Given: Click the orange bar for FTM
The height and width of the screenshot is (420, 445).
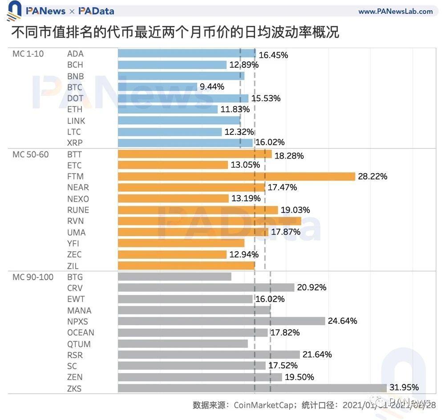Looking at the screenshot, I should pyautogui.click(x=236, y=176).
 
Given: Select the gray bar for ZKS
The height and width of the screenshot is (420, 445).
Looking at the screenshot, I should pyautogui.click(x=252, y=388).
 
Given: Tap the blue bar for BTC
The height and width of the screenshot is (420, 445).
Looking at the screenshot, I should pyautogui.click(x=158, y=87).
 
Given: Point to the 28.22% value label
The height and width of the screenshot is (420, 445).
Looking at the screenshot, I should pyautogui.click(x=372, y=176).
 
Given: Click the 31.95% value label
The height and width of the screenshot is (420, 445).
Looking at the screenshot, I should pyautogui.click(x=404, y=387).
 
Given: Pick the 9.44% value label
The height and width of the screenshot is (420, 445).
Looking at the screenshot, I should pyautogui.click(x=212, y=87).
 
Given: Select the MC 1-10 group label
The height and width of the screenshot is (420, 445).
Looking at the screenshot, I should pyautogui.click(x=28, y=54).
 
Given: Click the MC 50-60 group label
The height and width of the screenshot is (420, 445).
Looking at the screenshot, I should pyautogui.click(x=31, y=155).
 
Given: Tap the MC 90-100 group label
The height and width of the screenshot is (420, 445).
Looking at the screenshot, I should pyautogui.click(x=33, y=277).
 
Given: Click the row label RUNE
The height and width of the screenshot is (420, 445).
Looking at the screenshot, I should pyautogui.click(x=78, y=210).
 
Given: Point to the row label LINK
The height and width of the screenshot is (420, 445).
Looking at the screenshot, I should pyautogui.click(x=76, y=121).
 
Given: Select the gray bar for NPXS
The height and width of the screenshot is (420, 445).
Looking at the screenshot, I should pyautogui.click(x=222, y=321).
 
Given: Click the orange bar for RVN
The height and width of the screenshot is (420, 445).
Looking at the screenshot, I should pyautogui.click(x=210, y=221).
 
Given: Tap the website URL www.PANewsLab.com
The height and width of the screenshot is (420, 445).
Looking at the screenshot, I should pyautogui.click(x=395, y=11).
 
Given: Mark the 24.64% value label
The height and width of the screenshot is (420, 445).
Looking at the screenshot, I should pyautogui.click(x=342, y=321).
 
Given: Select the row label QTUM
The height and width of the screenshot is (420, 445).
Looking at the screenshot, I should pyautogui.click(x=79, y=344).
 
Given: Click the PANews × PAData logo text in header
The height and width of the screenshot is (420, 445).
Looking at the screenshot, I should pyautogui.click(x=69, y=11).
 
